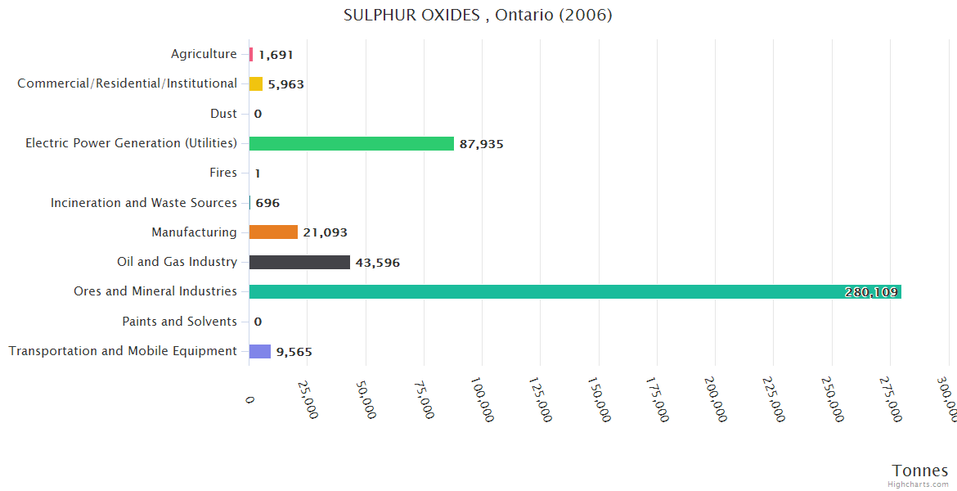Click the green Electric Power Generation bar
tap(351, 144)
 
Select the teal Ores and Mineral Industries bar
tap(573, 292)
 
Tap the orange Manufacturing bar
tap(273, 232)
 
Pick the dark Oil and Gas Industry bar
tap(299, 263)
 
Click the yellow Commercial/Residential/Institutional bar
tap(256, 83)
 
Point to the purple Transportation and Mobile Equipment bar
tap(259, 352)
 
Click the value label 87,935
tap(481, 144)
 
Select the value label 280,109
tap(870, 292)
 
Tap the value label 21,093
tap(325, 232)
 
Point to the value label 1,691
tap(276, 55)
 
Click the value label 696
tap(267, 203)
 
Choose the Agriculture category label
tap(204, 54)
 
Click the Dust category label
tap(223, 114)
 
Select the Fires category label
tap(223, 173)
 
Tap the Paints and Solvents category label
tap(179, 322)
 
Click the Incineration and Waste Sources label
tap(144, 203)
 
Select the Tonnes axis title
tap(919, 471)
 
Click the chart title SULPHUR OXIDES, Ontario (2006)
tap(478, 15)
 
